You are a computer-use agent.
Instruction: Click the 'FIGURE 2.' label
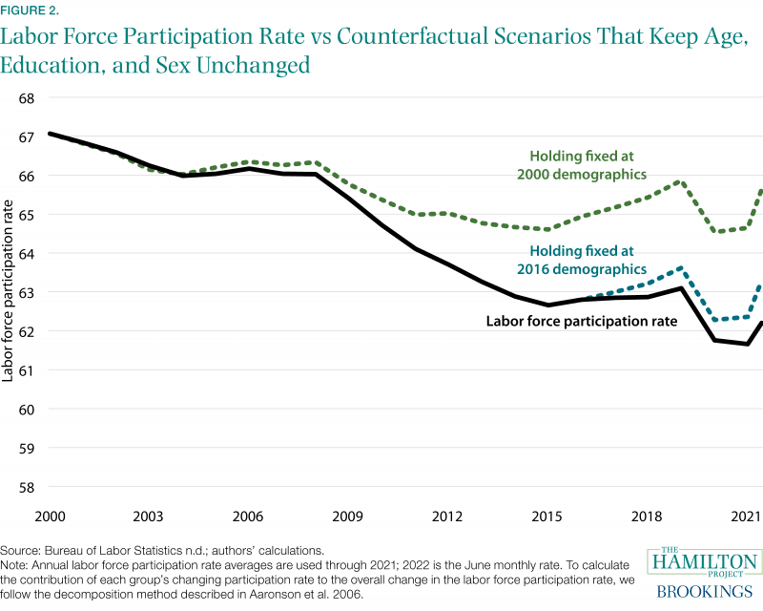pos(30,11)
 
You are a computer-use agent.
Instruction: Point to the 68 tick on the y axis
pos(27,98)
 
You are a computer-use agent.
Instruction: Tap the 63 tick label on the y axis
pos(27,292)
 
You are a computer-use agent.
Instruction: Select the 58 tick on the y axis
pos(27,487)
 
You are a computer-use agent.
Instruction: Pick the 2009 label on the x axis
pos(348,516)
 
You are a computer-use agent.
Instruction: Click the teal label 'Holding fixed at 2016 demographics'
pos(584,261)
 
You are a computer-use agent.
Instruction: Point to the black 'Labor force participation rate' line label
pos(582,322)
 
